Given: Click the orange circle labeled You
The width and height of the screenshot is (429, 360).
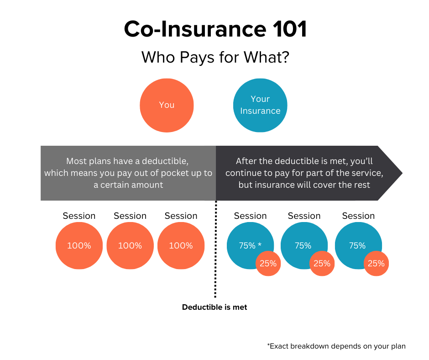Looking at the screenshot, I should [167, 105].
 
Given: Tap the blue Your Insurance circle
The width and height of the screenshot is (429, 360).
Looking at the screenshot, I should [260, 105].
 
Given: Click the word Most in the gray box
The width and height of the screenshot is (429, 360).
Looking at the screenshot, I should [76, 161].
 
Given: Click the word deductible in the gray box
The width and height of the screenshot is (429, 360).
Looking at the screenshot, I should [166, 161].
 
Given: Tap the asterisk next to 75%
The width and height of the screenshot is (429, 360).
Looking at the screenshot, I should [260, 245].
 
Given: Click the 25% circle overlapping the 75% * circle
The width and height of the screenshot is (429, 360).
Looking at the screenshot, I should [268, 264].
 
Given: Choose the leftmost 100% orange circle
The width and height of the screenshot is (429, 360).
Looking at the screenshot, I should [79, 246].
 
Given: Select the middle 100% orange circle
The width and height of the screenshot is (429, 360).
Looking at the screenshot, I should [130, 246].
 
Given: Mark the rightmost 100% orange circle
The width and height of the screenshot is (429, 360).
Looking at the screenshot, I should [181, 246].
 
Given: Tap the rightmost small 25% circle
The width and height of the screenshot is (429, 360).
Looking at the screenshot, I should [376, 264].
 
